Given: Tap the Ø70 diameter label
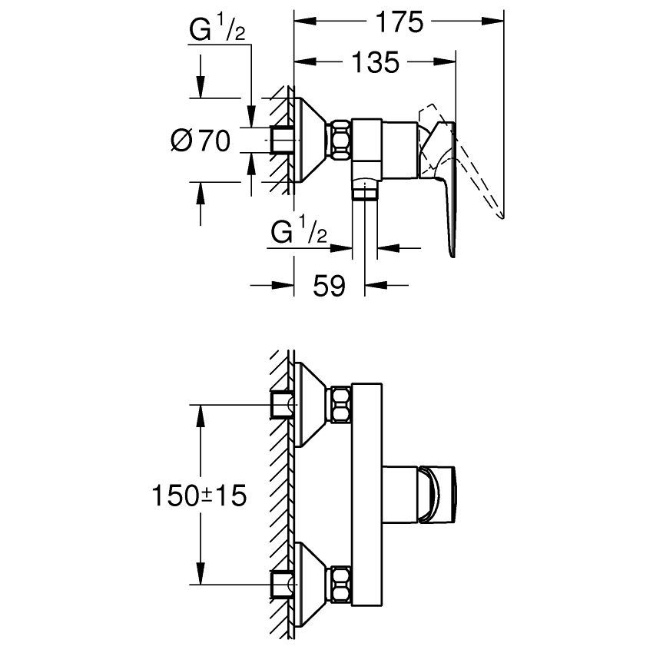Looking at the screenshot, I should tap(202, 141).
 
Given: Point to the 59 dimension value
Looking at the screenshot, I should tap(329, 286).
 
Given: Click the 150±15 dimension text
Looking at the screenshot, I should tap(199, 496).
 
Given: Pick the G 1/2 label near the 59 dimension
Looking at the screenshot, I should tap(299, 230).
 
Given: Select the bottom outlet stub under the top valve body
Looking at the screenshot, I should tap(366, 189).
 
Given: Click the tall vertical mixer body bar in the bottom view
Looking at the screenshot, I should tap(365, 492).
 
